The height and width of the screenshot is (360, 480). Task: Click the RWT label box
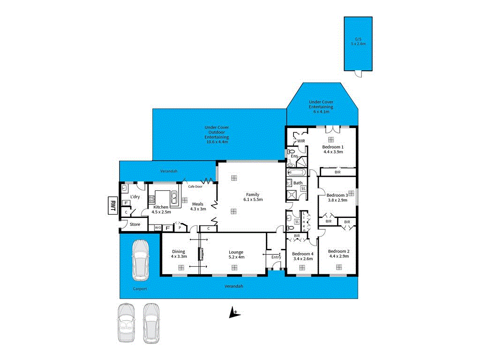point(112,205)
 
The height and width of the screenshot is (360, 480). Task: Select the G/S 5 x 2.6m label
point(359,41)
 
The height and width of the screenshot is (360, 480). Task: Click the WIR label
point(301,141)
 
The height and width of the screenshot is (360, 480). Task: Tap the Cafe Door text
point(195,187)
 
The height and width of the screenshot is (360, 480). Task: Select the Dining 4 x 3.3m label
point(179,254)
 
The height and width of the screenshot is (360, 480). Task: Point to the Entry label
point(276,257)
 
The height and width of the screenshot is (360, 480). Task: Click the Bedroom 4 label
point(303,255)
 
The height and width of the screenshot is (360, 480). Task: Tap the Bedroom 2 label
point(339,253)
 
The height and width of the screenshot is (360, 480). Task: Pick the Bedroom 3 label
point(337,197)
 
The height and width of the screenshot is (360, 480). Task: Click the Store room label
point(135,225)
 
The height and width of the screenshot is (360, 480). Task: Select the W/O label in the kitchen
point(158,228)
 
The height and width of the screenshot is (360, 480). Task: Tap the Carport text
point(139,289)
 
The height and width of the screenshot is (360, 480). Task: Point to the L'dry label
point(135,196)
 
